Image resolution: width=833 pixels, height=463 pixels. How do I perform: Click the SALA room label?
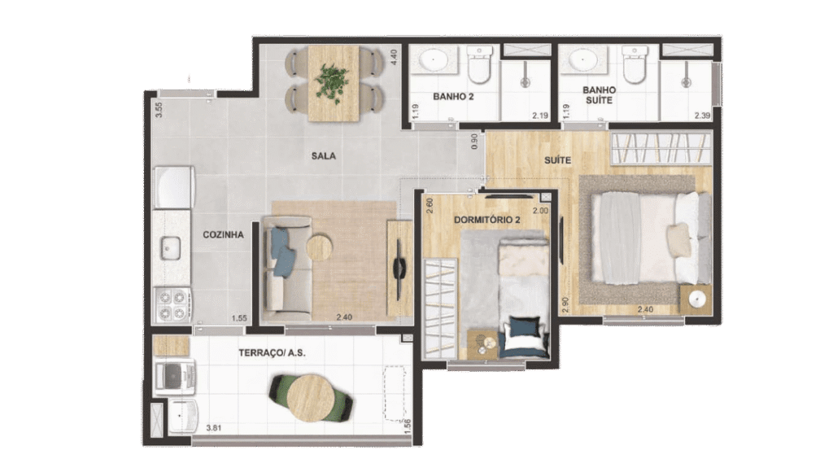pos(324,155)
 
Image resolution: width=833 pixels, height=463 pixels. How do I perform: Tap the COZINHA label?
pos(223,234)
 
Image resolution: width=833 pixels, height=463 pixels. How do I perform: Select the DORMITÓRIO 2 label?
pos(486,220)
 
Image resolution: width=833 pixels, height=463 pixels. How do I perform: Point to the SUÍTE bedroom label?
pos(557,160)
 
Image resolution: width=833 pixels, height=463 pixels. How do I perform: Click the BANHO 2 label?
pos(453,96)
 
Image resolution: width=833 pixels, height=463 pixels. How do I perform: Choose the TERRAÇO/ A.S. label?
pos(272,352)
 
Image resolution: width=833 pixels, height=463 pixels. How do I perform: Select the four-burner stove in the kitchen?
pos(172,305)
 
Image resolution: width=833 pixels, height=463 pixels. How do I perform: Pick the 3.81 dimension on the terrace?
pos(214,427)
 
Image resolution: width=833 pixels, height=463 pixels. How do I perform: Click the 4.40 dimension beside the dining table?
pos(394,57)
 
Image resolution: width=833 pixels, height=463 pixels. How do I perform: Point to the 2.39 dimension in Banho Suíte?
pos(702,116)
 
